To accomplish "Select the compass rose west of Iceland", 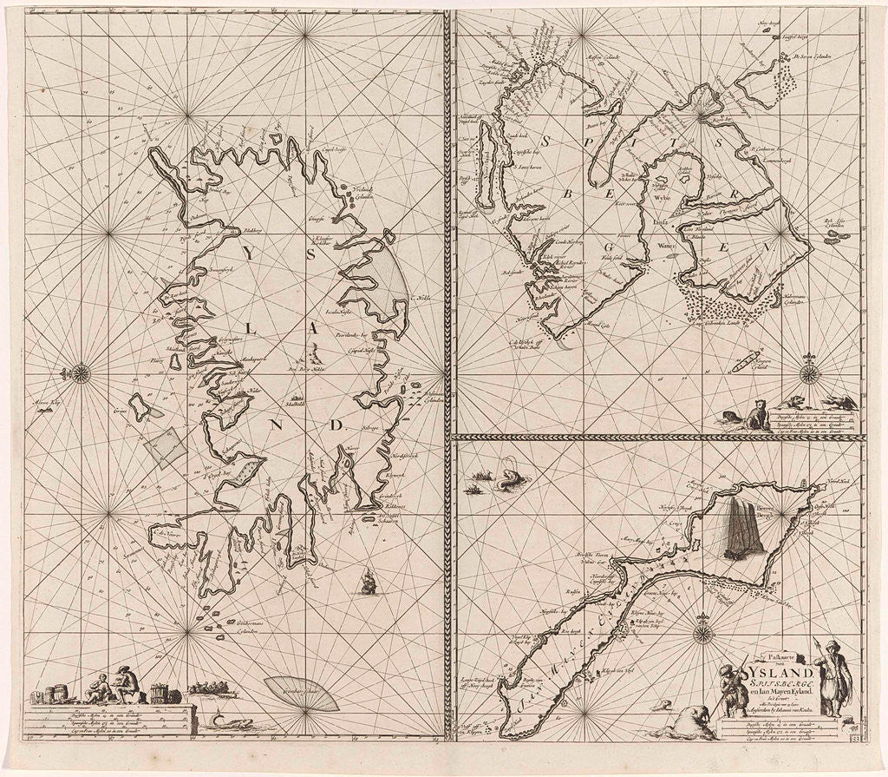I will pyautogui.click(x=81, y=374).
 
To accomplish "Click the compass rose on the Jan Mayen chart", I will pyautogui.click(x=703, y=631).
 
